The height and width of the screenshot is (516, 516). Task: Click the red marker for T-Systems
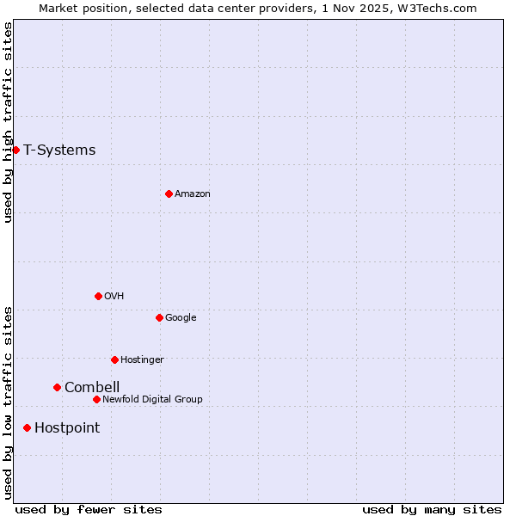(x=15, y=150)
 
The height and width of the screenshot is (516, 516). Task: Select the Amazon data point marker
(x=169, y=193)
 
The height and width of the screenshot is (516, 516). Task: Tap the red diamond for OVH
(x=98, y=296)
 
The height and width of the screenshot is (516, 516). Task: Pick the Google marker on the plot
(x=159, y=317)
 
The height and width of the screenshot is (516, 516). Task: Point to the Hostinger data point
(x=114, y=359)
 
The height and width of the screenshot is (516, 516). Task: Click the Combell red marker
(x=57, y=387)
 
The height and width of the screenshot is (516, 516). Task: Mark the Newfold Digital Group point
(x=96, y=399)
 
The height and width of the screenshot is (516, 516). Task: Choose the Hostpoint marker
(x=27, y=427)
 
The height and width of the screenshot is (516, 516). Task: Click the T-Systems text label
(x=59, y=150)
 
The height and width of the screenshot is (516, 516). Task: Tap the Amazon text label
(x=193, y=194)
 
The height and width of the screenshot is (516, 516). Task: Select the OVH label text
(x=114, y=297)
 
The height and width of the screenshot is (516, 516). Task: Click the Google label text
(x=181, y=318)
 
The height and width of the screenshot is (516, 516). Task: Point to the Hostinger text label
(x=142, y=360)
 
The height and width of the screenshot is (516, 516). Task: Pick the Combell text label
(x=92, y=388)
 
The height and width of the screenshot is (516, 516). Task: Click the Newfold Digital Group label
(x=152, y=400)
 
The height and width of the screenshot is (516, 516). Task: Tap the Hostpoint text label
(x=67, y=428)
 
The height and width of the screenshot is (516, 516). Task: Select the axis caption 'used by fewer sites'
(x=89, y=509)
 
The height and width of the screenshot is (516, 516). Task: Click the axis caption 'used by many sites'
(x=432, y=509)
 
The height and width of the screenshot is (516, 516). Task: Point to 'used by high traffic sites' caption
(x=8, y=122)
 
